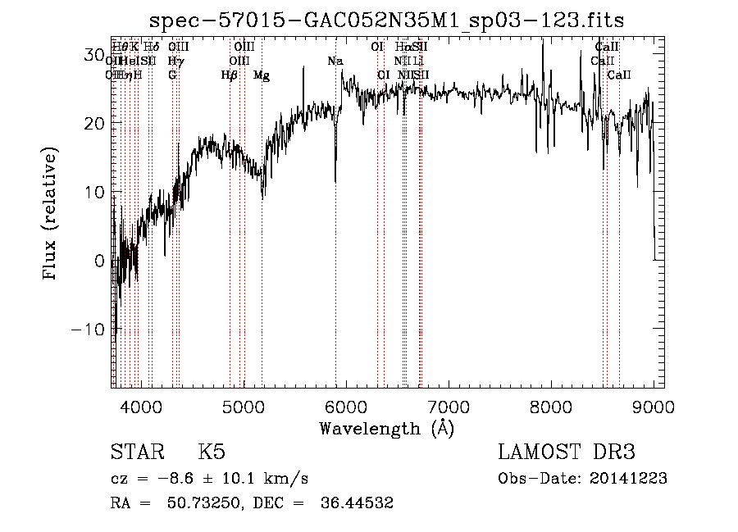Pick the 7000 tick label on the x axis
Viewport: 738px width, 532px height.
449,406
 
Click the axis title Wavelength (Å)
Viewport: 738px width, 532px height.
386,428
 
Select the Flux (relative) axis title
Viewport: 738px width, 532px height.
52,215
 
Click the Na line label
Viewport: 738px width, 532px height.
335,61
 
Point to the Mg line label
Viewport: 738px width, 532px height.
262,75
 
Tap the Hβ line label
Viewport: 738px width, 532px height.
229,75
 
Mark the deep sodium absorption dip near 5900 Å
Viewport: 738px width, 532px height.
335,176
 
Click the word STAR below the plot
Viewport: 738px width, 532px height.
136,452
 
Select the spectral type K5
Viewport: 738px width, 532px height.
212,452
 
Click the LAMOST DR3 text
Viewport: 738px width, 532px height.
567,452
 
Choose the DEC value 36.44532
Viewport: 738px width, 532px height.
355,503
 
